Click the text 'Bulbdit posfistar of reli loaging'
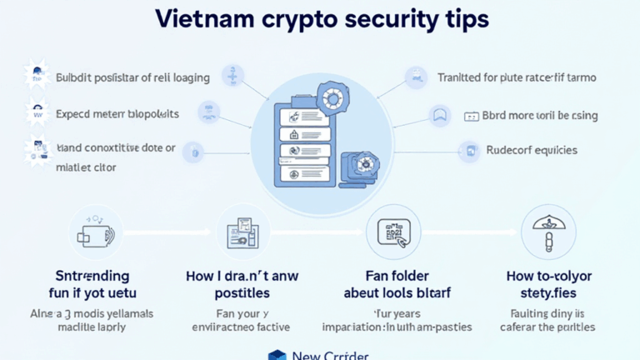[132, 78]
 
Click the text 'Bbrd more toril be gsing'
[540, 116]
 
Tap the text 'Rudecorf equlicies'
[531, 151]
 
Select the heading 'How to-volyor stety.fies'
[548, 283]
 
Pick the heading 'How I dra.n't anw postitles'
[242, 283]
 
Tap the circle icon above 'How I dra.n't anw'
[242, 232]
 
